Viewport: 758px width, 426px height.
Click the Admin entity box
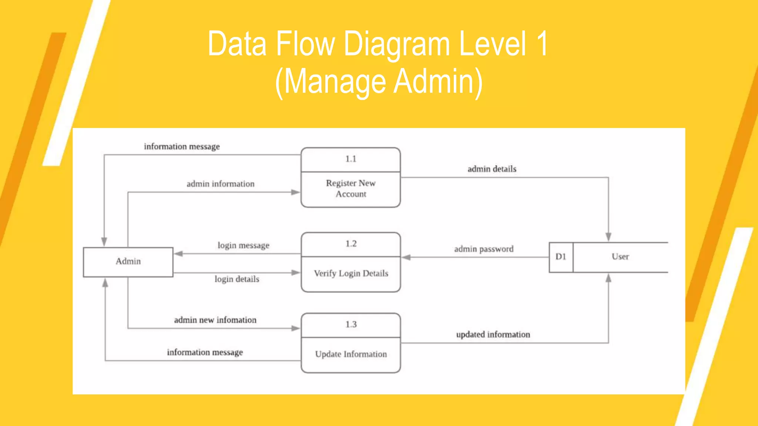click(x=128, y=262)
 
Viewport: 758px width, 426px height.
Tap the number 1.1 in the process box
click(x=351, y=159)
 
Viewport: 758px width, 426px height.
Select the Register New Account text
click(x=351, y=188)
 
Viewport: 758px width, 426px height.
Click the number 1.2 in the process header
click(x=351, y=244)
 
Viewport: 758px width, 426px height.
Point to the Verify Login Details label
click(x=351, y=273)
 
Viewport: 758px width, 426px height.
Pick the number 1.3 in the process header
click(x=351, y=324)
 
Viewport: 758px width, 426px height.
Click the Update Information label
click(x=351, y=354)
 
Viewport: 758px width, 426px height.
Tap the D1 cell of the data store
click(x=561, y=257)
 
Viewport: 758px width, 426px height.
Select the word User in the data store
click(x=620, y=257)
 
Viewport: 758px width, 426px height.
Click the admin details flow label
click(x=492, y=169)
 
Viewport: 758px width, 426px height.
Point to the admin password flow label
click(x=484, y=249)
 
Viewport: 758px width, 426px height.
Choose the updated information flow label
click(x=493, y=334)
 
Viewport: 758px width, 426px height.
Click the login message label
click(x=243, y=245)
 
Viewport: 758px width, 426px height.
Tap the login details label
click(x=237, y=279)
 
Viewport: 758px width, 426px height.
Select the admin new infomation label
click(x=215, y=320)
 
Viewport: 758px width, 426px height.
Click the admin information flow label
click(x=220, y=184)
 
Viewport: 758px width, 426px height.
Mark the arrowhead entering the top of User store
click(x=608, y=237)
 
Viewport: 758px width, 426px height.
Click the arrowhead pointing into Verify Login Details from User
click(x=406, y=257)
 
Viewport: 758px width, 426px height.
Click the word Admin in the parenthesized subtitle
click(x=438, y=81)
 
